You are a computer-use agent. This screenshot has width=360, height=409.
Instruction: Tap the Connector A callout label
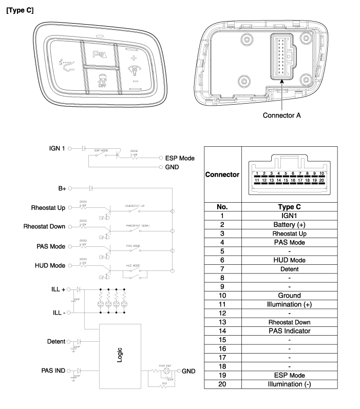pyautogui.click(x=281, y=115)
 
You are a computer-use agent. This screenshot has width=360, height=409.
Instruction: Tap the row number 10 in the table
pyautogui.click(x=222, y=296)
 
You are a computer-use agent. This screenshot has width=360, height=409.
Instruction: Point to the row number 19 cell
pyautogui.click(x=222, y=375)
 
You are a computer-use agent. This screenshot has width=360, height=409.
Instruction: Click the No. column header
pyautogui.click(x=222, y=207)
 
